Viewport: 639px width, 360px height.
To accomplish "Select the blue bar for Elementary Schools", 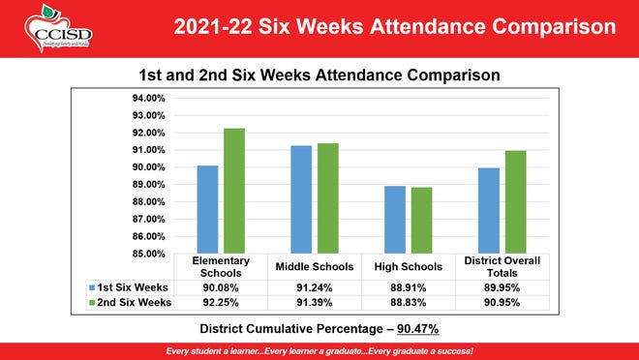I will click(x=207, y=209).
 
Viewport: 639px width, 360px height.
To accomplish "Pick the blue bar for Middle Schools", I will click(x=301, y=199).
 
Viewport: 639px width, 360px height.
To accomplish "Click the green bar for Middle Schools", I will click(x=327, y=198).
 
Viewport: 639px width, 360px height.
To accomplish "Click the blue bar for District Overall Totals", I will click(x=489, y=210).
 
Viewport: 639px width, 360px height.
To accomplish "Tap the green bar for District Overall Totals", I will click(x=515, y=202).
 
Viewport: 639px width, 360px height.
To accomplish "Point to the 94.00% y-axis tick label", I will click(x=148, y=99).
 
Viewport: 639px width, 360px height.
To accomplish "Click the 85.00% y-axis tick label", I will click(x=148, y=254).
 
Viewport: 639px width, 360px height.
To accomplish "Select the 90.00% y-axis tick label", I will click(x=148, y=167).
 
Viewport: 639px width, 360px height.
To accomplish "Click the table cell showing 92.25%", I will click(x=221, y=303).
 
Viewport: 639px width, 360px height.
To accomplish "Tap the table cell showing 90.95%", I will click(x=502, y=303).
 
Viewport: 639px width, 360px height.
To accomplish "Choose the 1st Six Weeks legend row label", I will click(x=133, y=287).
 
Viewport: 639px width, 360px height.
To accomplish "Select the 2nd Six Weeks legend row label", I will click(x=133, y=303).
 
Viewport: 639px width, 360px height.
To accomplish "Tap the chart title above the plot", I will click(x=320, y=75).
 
